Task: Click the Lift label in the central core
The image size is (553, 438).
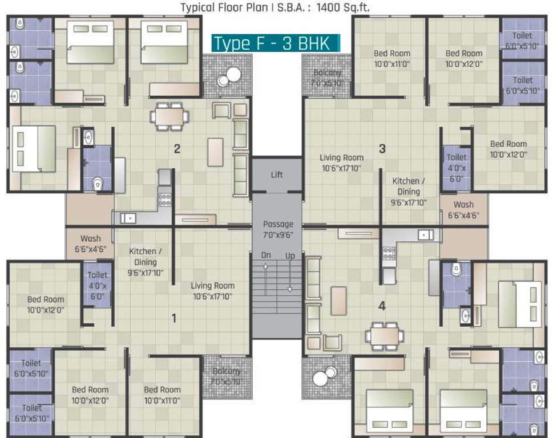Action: click(277, 175)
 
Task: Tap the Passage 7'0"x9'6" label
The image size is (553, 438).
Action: click(278, 229)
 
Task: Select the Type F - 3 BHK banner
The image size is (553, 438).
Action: click(276, 43)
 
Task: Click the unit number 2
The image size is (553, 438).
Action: click(177, 149)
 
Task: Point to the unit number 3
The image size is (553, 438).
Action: click(382, 149)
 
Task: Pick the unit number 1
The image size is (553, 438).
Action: click(174, 318)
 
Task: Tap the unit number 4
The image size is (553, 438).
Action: click(382, 306)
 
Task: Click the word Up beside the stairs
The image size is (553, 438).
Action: click(290, 256)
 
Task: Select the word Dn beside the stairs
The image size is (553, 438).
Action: click(266, 255)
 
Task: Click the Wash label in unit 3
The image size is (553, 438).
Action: click(463, 210)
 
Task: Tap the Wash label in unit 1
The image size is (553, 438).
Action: click(91, 244)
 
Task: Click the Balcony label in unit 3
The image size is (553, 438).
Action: click(327, 78)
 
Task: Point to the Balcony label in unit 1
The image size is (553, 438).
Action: click(227, 376)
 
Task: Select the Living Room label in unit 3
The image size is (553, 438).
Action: click(341, 163)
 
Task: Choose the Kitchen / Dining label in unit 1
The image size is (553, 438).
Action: click(146, 262)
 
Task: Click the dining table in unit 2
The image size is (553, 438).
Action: click(169, 117)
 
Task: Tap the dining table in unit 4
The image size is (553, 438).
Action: click(385, 336)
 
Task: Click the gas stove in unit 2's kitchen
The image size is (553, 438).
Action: click(164, 200)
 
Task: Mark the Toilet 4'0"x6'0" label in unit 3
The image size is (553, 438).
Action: click(457, 168)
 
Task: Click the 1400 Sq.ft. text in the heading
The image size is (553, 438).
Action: click(343, 7)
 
